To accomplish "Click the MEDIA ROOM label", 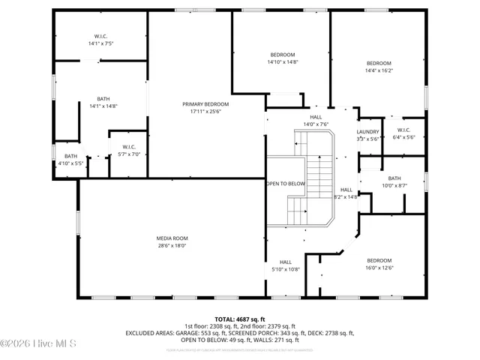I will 172,238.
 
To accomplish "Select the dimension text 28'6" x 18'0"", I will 172,245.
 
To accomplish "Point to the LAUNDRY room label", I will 367,131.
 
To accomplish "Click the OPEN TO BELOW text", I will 286,184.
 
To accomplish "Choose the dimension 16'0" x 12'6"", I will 379,268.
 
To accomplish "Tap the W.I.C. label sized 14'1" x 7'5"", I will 100,36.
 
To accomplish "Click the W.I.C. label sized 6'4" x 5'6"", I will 403,130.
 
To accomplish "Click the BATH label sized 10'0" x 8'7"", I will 394,178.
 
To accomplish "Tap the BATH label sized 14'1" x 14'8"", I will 103,98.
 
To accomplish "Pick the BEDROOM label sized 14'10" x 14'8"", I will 283,55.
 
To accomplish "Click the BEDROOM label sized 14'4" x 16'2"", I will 379,63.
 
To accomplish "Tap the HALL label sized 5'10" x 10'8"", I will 285,261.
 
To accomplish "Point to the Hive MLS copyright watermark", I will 37,343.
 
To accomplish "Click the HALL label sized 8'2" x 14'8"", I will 346,190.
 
